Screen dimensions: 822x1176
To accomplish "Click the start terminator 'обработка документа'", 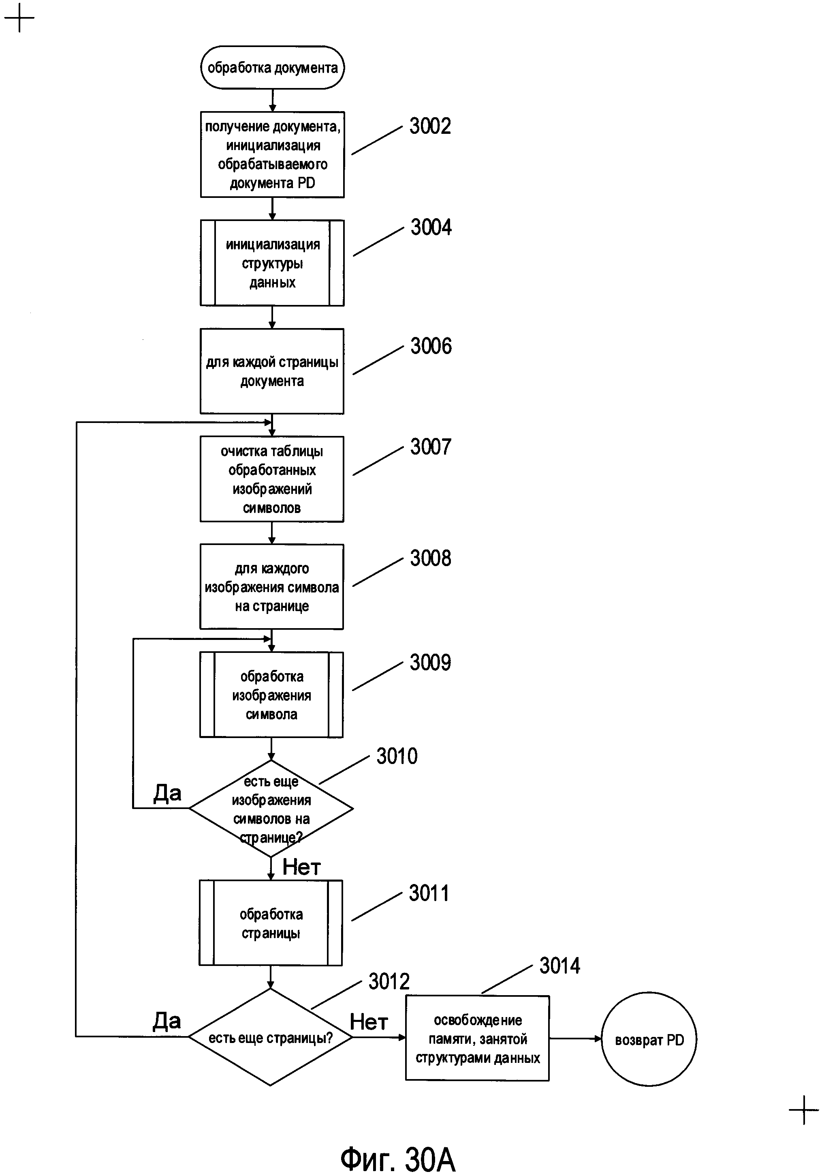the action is coord(272,68).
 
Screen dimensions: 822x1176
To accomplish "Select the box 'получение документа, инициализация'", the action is coord(272,155).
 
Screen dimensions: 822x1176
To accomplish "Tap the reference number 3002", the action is coord(430,126).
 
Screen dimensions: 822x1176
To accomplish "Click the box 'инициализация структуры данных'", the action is coord(272,263).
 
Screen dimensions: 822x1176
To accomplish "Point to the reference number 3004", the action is coord(431,227).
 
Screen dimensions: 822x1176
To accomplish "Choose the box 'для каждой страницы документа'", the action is coord(272,371).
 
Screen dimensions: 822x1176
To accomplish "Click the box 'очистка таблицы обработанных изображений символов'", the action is coord(272,479).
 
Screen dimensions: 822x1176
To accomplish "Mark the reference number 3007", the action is coord(431,446).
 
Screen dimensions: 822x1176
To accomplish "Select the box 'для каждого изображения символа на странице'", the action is coord(271,587).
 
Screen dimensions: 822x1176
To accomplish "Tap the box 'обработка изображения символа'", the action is coord(271,695).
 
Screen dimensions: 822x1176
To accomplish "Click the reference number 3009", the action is coord(430,663).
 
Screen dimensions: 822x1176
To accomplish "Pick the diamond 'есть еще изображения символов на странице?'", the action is coord(271,809).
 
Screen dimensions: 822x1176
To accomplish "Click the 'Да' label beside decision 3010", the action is coord(167,793).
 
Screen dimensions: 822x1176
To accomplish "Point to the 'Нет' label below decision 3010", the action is coord(301,867).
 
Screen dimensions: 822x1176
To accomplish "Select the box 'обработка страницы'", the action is coord(271,923).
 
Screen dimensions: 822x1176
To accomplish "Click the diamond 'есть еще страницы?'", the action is coord(270,1037).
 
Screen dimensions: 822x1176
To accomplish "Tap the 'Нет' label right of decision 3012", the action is coord(369,1022).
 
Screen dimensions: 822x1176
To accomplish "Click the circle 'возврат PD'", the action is coord(649,1039).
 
